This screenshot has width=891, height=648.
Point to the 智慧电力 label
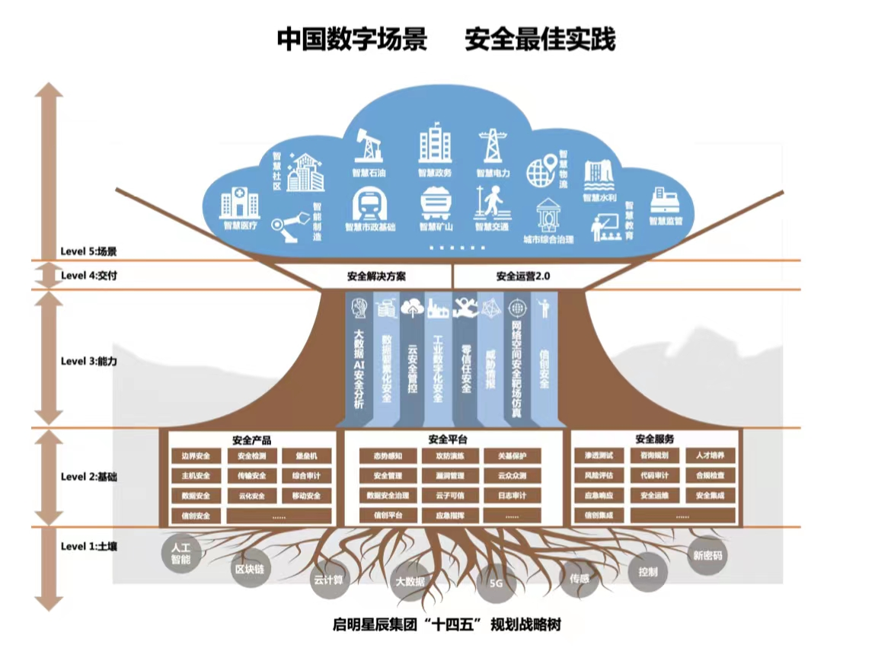coord(493,173)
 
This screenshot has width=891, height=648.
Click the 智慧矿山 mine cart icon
coord(436,203)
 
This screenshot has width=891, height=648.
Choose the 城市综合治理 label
coord(548,238)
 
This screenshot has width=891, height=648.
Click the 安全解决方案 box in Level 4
coord(376,276)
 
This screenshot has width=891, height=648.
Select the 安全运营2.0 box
coord(523,276)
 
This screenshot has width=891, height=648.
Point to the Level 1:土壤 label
coord(88,546)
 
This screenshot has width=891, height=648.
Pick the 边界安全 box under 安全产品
coord(196,456)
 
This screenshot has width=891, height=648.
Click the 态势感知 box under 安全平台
coord(388,456)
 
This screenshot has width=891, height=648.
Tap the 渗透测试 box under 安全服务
coord(599,456)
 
